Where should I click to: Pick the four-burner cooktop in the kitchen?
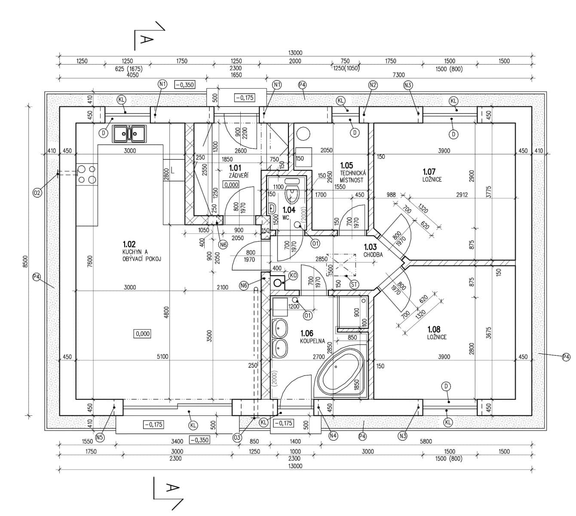click(x=87, y=175)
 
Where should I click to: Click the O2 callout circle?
click(x=37, y=193)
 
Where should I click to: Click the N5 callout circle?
click(x=100, y=437)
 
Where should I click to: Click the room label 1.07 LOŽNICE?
click(x=432, y=175)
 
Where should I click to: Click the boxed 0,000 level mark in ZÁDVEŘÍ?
click(x=231, y=185)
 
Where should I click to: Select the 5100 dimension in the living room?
click(x=162, y=356)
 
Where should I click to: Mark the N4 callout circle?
click(x=333, y=436)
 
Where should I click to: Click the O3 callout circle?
click(x=236, y=437)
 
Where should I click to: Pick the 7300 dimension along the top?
click(x=398, y=75)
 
